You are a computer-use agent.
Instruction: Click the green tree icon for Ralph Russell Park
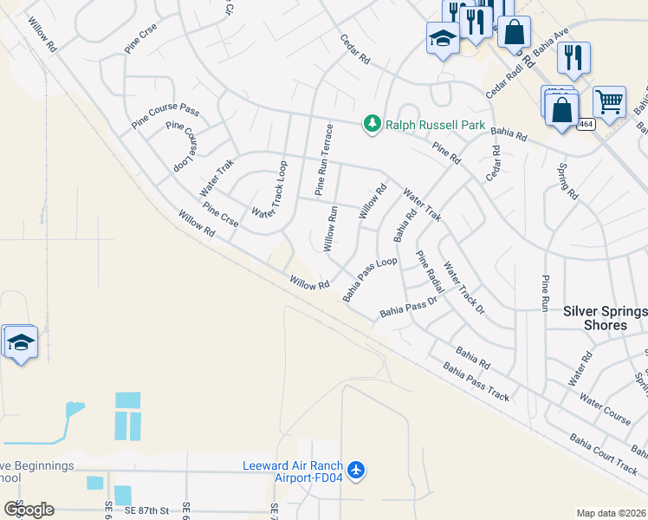pyautogui.click(x=373, y=125)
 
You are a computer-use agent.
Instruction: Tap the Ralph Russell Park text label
pyautogui.click(x=435, y=125)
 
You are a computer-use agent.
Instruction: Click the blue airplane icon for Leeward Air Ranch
pyautogui.click(x=357, y=471)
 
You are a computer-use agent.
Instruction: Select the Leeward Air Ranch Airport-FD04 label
pyautogui.click(x=293, y=471)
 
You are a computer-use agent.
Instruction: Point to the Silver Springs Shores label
pyautogui.click(x=606, y=318)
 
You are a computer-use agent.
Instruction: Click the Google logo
pyautogui.click(x=29, y=509)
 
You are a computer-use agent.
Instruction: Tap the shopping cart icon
pyautogui.click(x=609, y=102)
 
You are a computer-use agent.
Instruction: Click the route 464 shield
pyautogui.click(x=586, y=124)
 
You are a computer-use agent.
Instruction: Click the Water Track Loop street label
pyautogui.click(x=269, y=189)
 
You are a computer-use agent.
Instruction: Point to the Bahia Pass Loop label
pyautogui.click(x=369, y=278)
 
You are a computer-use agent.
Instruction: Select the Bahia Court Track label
pyautogui.click(x=603, y=451)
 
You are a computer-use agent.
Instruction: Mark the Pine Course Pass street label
pyautogui.click(x=165, y=115)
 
